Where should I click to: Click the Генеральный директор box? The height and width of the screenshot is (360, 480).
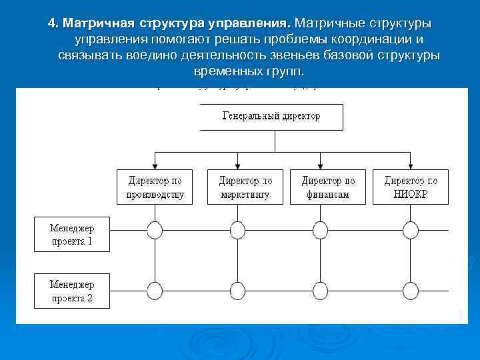tap(271, 117)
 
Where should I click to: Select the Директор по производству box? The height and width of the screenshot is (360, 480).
tap(155, 187)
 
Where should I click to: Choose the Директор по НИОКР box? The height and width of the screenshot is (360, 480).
tap(411, 187)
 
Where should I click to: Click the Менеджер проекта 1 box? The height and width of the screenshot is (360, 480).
tap(71, 233)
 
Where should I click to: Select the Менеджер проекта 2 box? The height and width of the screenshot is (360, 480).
tap(71, 291)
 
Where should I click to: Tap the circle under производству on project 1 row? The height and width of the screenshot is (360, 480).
tap(155, 230)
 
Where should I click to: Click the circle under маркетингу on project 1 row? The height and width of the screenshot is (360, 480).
tap(238, 230)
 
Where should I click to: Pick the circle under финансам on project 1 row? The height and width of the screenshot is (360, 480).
tap(321, 230)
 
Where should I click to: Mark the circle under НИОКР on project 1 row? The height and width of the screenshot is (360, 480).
tap(411, 230)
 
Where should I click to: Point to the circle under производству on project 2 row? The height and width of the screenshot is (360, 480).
tap(155, 290)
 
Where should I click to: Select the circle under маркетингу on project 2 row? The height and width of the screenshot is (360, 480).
tap(238, 290)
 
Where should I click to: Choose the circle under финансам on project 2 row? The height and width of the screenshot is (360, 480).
tap(321, 290)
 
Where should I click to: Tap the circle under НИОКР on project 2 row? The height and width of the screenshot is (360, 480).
tap(411, 290)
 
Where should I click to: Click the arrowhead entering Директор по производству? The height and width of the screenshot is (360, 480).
tap(155, 167)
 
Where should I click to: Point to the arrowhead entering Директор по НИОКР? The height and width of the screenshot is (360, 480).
tap(411, 167)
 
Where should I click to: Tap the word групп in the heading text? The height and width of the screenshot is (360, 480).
tap(283, 71)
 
